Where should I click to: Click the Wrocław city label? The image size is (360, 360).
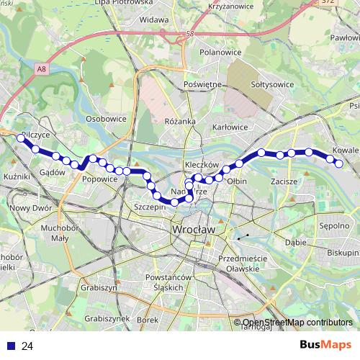(x=194, y=229)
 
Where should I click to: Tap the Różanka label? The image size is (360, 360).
(x=180, y=122)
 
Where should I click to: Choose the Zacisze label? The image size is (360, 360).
(x=284, y=181)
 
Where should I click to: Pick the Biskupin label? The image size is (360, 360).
(x=341, y=253)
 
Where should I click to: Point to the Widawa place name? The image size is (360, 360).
(x=154, y=19)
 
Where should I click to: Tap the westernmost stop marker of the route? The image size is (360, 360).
(x=21, y=137)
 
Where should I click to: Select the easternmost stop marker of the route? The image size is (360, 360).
(x=339, y=163)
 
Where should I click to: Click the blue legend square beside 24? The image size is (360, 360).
(x=9, y=346)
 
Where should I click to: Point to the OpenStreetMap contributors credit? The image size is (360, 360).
(x=297, y=323)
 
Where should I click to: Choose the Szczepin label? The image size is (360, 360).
(x=150, y=206)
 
